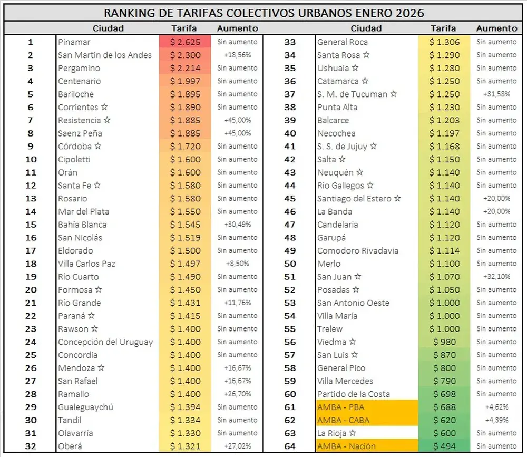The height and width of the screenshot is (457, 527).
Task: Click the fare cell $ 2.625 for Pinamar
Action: coord(185,42)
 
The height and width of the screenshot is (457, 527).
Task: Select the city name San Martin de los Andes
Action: coord(105,55)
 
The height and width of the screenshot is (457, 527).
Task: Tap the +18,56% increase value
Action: coord(238,55)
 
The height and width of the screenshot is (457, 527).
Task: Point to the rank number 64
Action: coord(290,446)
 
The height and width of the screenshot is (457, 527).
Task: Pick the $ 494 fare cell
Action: coord(444,446)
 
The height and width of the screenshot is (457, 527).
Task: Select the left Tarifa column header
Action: coord(185,28)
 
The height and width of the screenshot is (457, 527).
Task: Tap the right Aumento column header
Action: coord(496,28)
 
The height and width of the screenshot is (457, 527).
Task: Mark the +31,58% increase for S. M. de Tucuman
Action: coord(496,94)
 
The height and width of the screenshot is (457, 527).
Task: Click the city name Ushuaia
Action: coord(333,68)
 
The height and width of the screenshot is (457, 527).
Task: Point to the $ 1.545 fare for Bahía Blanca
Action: coord(185,225)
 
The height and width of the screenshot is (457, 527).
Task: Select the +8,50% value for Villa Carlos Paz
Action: coord(238,264)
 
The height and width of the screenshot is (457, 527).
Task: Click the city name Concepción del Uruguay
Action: coord(105,342)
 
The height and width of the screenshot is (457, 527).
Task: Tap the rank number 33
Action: coord(290,42)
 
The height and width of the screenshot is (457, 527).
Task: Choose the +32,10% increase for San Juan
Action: coord(496,277)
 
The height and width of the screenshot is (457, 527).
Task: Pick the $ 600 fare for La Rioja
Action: coord(444,433)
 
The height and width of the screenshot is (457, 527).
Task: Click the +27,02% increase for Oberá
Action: coord(238,446)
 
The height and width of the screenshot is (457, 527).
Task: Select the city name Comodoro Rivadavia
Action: coord(358,250)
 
